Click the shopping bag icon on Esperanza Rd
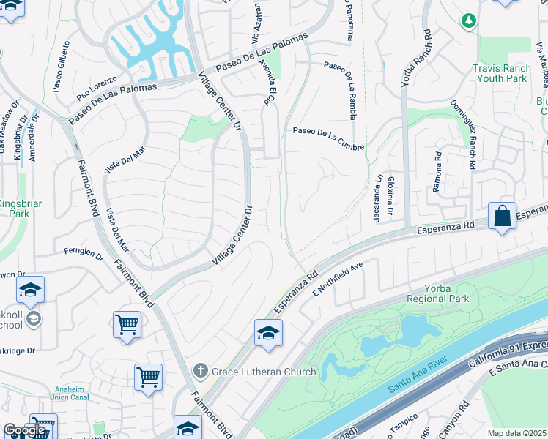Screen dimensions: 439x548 coord(502,217)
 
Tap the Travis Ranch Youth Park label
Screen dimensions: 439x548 coord(500,72)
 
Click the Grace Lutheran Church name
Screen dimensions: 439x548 coord(264,372)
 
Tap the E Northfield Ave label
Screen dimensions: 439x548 coord(338,279)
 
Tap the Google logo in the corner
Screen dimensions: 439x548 coord(25,431)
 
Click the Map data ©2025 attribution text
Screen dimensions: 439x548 coord(516,433)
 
